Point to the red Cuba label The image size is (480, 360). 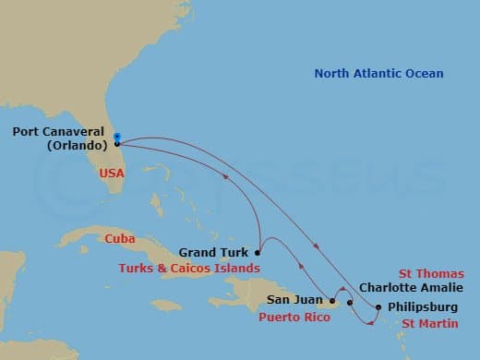119,238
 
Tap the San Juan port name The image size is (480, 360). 294,299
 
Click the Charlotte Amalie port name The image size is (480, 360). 403,287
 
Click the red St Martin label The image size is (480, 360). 429,323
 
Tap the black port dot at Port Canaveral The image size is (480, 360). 117,144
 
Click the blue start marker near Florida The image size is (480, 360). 117,137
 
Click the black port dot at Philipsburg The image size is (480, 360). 379,306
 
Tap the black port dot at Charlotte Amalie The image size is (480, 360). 350,302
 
